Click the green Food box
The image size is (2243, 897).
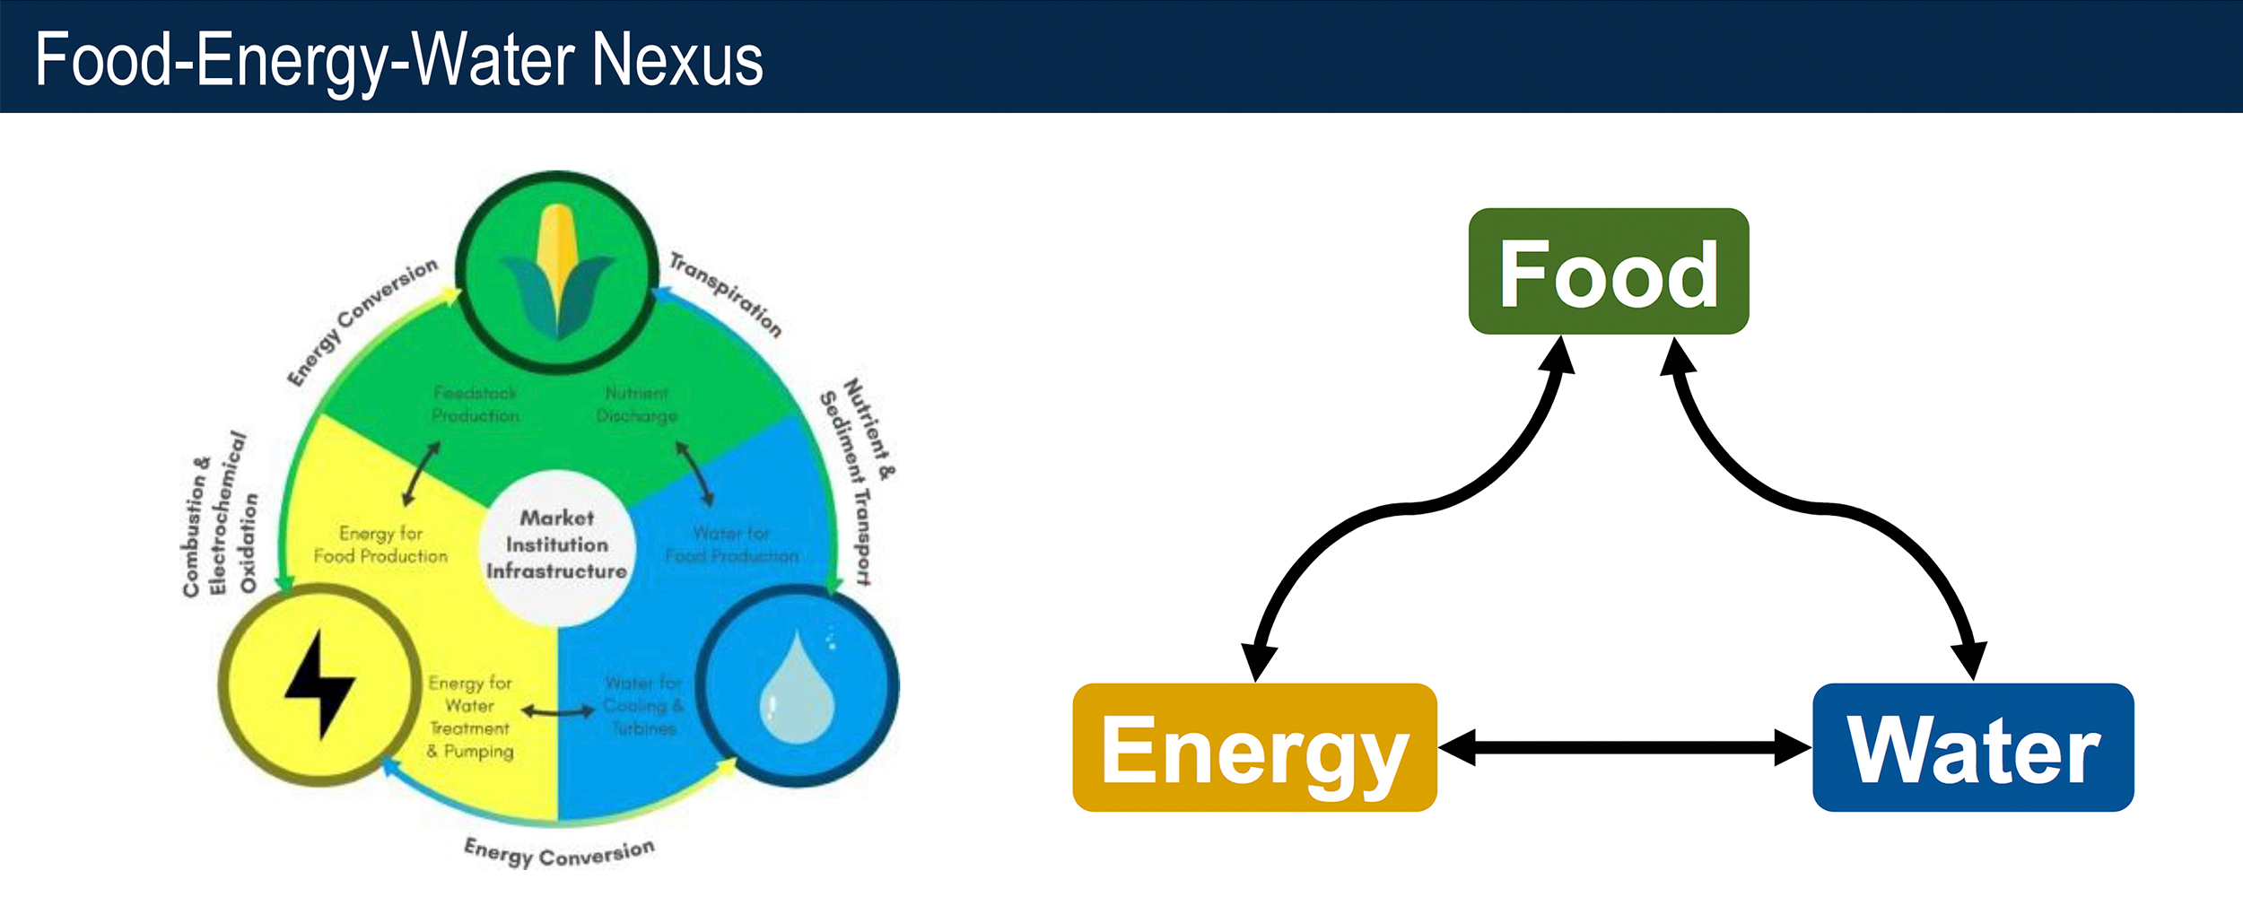pyautogui.click(x=1608, y=272)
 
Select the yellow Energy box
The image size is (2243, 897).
pyautogui.click(x=1254, y=747)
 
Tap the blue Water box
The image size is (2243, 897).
pyautogui.click(x=1973, y=747)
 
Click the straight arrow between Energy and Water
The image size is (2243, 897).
pyautogui.click(x=1624, y=747)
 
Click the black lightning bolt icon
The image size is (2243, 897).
pyautogui.click(x=319, y=684)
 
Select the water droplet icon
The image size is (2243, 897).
pyautogui.click(x=797, y=688)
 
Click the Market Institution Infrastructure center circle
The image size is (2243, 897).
pyautogui.click(x=556, y=544)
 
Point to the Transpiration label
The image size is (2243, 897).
pyautogui.click(x=726, y=294)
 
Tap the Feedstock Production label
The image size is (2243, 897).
pyautogui.click(x=476, y=405)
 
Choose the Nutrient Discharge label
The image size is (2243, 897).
pyautogui.click(x=637, y=405)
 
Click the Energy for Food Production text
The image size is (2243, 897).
pyautogui.click(x=380, y=544)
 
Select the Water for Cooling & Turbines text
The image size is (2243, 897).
pyautogui.click(x=643, y=706)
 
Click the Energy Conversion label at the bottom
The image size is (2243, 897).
pyautogui.click(x=559, y=852)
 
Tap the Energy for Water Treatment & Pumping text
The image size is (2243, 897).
pyautogui.click(x=470, y=718)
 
